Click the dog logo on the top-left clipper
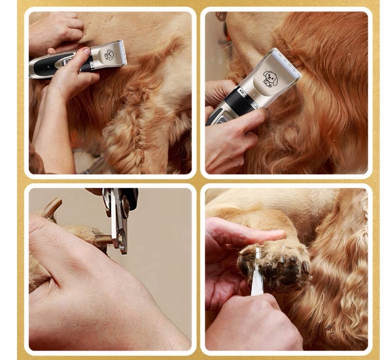[109, 55]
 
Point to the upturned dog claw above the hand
[51, 207]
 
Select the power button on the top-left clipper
[67, 61]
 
